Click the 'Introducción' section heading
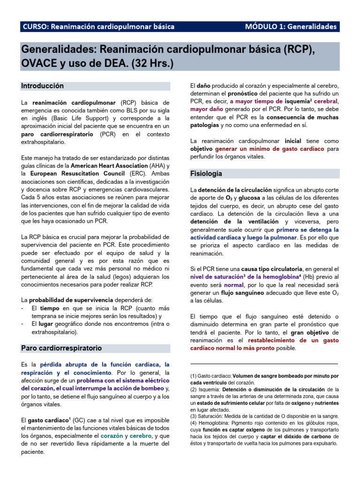click(42, 86)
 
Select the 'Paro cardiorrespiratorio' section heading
click(61, 348)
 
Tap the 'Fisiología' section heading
click(206, 173)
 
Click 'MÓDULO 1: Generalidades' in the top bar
click(291, 27)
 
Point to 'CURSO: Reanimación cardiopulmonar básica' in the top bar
click(98, 27)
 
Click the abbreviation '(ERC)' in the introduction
click(137, 173)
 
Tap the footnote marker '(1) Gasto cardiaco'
click(210, 376)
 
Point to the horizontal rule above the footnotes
click(264, 364)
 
